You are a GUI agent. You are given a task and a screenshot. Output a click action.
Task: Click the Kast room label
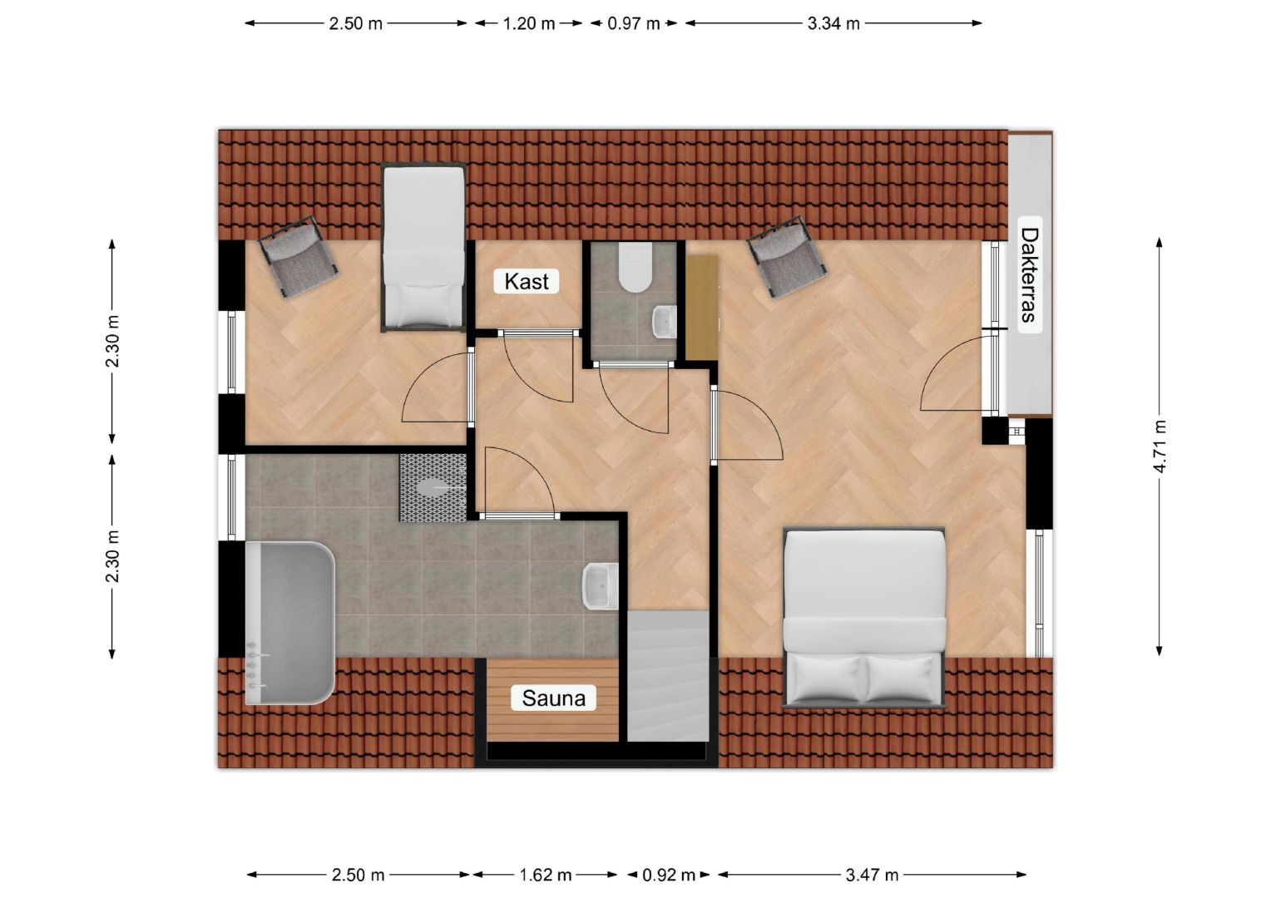pyautogui.click(x=526, y=281)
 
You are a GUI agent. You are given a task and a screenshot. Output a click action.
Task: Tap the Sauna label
pyautogui.click(x=553, y=698)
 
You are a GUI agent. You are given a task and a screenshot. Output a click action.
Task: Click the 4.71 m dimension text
pyautogui.click(x=1160, y=447)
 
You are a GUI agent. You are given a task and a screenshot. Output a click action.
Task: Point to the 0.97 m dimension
pyautogui.click(x=633, y=24)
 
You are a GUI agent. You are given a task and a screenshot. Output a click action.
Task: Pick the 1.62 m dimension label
pyautogui.click(x=546, y=876)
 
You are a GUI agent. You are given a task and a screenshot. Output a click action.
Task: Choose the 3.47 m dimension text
pyautogui.click(x=872, y=876)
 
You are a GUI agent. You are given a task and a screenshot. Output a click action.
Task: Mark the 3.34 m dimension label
pyautogui.click(x=833, y=24)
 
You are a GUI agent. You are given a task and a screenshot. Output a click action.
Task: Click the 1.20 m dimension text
pyautogui.click(x=529, y=24)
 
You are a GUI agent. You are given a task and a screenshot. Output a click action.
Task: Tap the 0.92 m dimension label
pyautogui.click(x=669, y=876)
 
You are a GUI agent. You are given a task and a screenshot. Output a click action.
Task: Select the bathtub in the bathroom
pyautogui.click(x=289, y=623)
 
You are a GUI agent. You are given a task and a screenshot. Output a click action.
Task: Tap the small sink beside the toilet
pyautogui.click(x=664, y=322)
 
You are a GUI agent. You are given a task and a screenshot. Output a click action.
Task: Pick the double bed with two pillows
pyautogui.click(x=863, y=617)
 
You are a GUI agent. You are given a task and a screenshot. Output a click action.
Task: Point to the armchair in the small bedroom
pyautogui.click(x=299, y=256)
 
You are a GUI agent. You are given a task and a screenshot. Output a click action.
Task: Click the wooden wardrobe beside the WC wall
pyautogui.click(x=702, y=308)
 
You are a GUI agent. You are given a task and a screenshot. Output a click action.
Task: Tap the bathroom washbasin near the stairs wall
pyautogui.click(x=601, y=586)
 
